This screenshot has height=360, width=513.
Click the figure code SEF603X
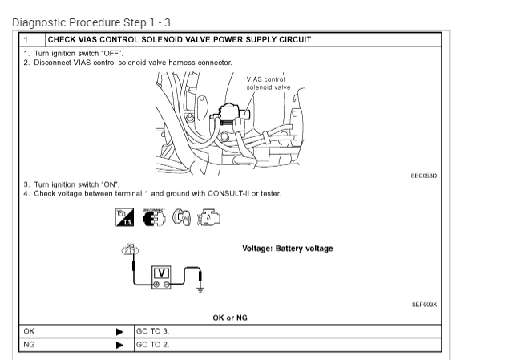click(x=424, y=305)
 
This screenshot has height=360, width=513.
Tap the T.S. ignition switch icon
click(x=126, y=216)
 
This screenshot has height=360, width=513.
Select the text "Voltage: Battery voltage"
click(x=288, y=249)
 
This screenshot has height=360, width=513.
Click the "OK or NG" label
click(x=229, y=318)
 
